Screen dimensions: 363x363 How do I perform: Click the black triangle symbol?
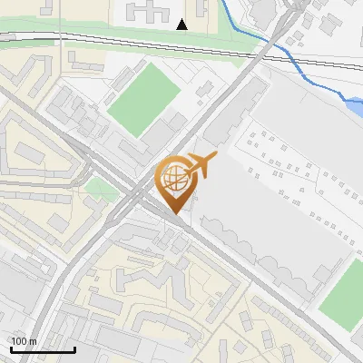tap(182, 25)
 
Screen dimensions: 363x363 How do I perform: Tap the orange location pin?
tap(175, 185)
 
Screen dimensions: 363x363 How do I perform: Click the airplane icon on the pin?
tap(201, 165)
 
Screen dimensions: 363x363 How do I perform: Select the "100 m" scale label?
tap(24, 341)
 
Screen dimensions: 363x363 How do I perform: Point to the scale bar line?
tap(42, 349)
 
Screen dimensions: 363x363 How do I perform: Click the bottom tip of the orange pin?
tap(175, 212)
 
